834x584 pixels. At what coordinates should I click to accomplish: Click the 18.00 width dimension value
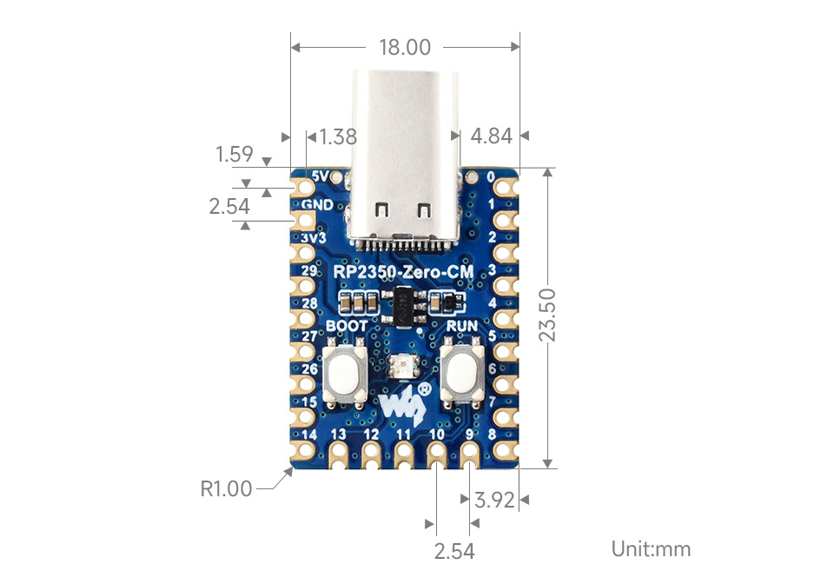coord(405,47)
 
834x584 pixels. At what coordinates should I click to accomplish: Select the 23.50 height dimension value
coord(547,315)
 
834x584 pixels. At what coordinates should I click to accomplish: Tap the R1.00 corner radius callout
coord(226,488)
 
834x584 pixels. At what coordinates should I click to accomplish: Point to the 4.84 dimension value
coord(492,136)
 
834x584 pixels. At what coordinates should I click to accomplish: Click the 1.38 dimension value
coord(338,136)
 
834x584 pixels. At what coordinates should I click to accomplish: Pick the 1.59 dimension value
coord(234,154)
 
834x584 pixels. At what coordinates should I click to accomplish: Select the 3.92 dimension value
coord(494,500)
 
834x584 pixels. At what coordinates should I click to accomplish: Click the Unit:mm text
coord(651,549)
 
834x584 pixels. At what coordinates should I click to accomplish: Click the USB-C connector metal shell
coord(404,154)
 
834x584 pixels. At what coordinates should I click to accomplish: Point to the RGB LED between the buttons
coord(402,368)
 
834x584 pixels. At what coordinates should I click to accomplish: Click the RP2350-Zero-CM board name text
coord(403,272)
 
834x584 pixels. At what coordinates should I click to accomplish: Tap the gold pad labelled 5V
coord(305,187)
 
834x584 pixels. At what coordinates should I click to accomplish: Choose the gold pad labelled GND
coord(305,220)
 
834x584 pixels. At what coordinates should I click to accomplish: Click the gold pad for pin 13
coord(338,455)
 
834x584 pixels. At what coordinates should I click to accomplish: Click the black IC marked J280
coord(404,306)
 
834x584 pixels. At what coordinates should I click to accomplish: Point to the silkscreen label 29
coord(309,270)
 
